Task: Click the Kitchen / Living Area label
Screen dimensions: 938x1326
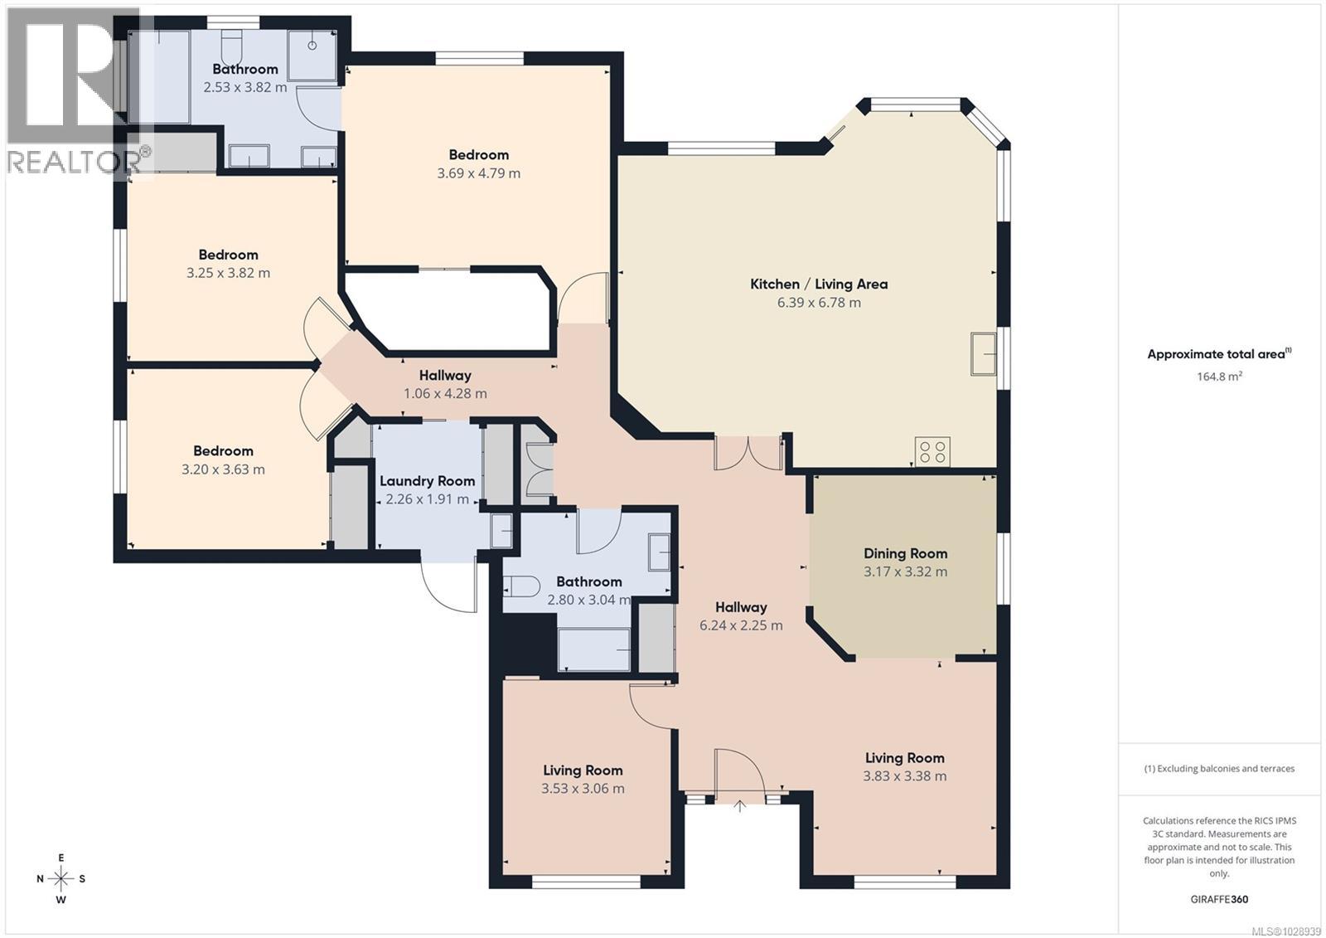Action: pyautogui.click(x=819, y=284)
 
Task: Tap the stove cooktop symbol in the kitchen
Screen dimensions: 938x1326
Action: pyautogui.click(x=932, y=452)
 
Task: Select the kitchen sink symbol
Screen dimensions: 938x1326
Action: pyautogui.click(x=984, y=354)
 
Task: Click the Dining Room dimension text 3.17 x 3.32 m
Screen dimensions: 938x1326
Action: pyautogui.click(x=905, y=571)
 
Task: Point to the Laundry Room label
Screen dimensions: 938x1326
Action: pyautogui.click(x=427, y=481)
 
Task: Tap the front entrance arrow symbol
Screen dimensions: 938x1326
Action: pyautogui.click(x=739, y=804)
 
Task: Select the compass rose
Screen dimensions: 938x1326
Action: pyautogui.click(x=61, y=878)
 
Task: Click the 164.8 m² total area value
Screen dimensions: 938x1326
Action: pyautogui.click(x=1219, y=377)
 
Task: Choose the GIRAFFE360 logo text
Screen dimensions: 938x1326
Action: pyautogui.click(x=1219, y=899)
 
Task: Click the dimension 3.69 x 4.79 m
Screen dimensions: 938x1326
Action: pyautogui.click(x=478, y=173)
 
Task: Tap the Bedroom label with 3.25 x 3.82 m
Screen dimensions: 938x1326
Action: pyautogui.click(x=228, y=255)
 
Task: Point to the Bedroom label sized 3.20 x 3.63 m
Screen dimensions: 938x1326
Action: pyautogui.click(x=223, y=451)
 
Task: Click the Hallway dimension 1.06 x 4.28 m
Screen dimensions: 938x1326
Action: pyautogui.click(x=445, y=393)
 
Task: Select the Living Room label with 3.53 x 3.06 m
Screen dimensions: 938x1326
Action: pyautogui.click(x=583, y=770)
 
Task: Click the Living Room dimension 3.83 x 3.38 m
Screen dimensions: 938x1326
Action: pyautogui.click(x=904, y=776)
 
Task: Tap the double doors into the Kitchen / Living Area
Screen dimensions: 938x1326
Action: pyautogui.click(x=748, y=452)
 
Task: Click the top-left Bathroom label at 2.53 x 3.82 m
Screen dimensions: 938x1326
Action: pyautogui.click(x=244, y=69)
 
